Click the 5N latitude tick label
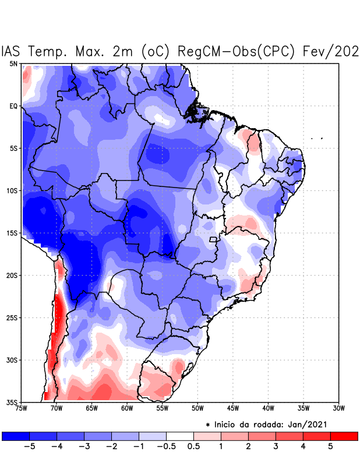coord(13,64)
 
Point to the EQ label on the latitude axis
coord(13,106)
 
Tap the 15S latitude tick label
coord(12,233)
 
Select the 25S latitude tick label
coord(12,317)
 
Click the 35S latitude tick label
coord(12,402)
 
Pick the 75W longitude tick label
coord(22,408)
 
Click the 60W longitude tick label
coord(126,408)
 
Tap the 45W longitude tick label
coord(232,408)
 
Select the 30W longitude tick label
coord(338,408)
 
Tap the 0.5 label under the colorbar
coord(193,446)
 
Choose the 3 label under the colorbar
coord(276,446)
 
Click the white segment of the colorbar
coord(180,436)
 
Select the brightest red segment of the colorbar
coord(344,436)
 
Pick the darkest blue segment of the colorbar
coord(16,436)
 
